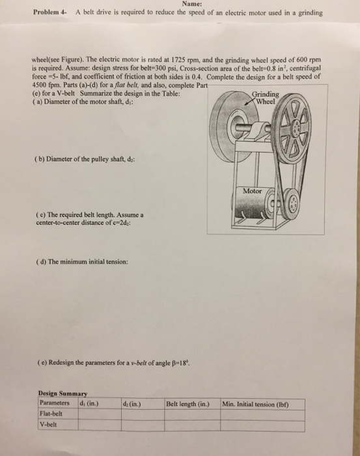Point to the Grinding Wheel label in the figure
click(266, 97)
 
